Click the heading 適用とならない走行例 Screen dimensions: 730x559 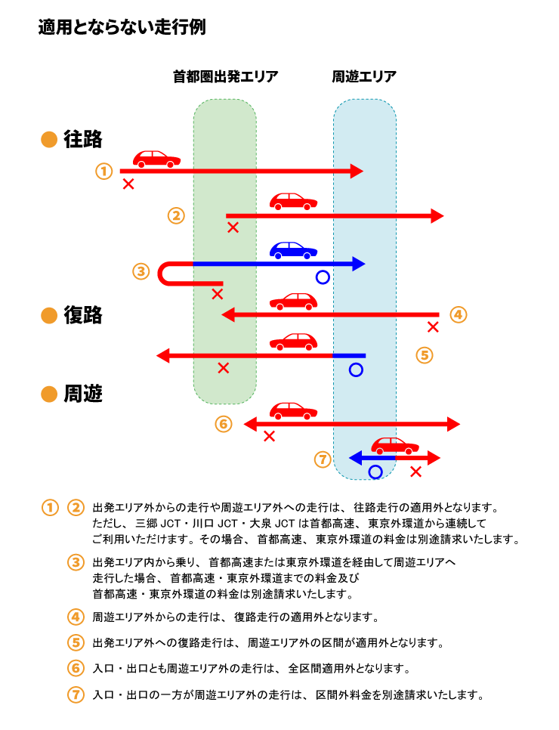click(x=122, y=28)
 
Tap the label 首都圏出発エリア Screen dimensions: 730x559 click(x=225, y=76)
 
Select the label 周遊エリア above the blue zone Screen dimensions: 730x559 click(x=364, y=76)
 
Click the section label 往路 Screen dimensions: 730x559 click(x=83, y=140)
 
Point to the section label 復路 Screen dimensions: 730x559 click(x=83, y=316)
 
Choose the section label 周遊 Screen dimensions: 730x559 click(x=83, y=394)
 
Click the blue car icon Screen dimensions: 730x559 click(x=293, y=250)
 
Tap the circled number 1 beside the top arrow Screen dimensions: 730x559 click(x=104, y=171)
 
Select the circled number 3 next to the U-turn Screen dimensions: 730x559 click(x=141, y=271)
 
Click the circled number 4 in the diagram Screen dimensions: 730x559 click(x=459, y=314)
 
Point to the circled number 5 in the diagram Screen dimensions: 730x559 click(x=425, y=354)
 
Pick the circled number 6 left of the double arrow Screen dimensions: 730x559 click(x=223, y=424)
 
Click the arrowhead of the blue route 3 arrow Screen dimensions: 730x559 click(x=358, y=264)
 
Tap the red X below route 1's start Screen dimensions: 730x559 click(x=128, y=184)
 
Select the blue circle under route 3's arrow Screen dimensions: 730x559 click(x=323, y=277)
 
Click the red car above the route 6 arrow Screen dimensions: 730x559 click(x=293, y=411)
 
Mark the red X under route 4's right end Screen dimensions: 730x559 click(x=433, y=327)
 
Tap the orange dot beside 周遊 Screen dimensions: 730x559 click(x=49, y=394)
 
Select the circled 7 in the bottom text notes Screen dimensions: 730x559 click(x=76, y=694)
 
